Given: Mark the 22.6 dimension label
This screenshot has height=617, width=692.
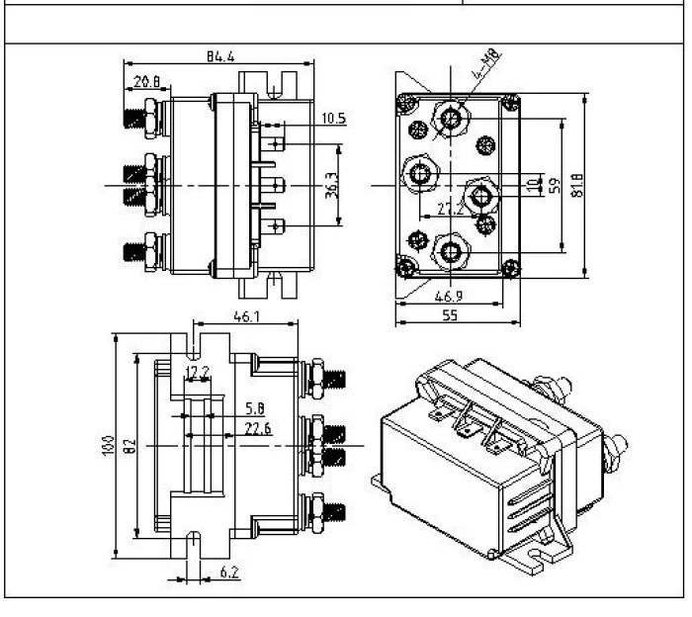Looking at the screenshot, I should point(257,427).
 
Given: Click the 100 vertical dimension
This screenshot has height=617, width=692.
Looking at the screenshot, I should point(107,448).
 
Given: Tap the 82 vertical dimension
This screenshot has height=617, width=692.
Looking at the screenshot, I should point(128,448).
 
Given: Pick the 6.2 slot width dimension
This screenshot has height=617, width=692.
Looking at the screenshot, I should point(226,572).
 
